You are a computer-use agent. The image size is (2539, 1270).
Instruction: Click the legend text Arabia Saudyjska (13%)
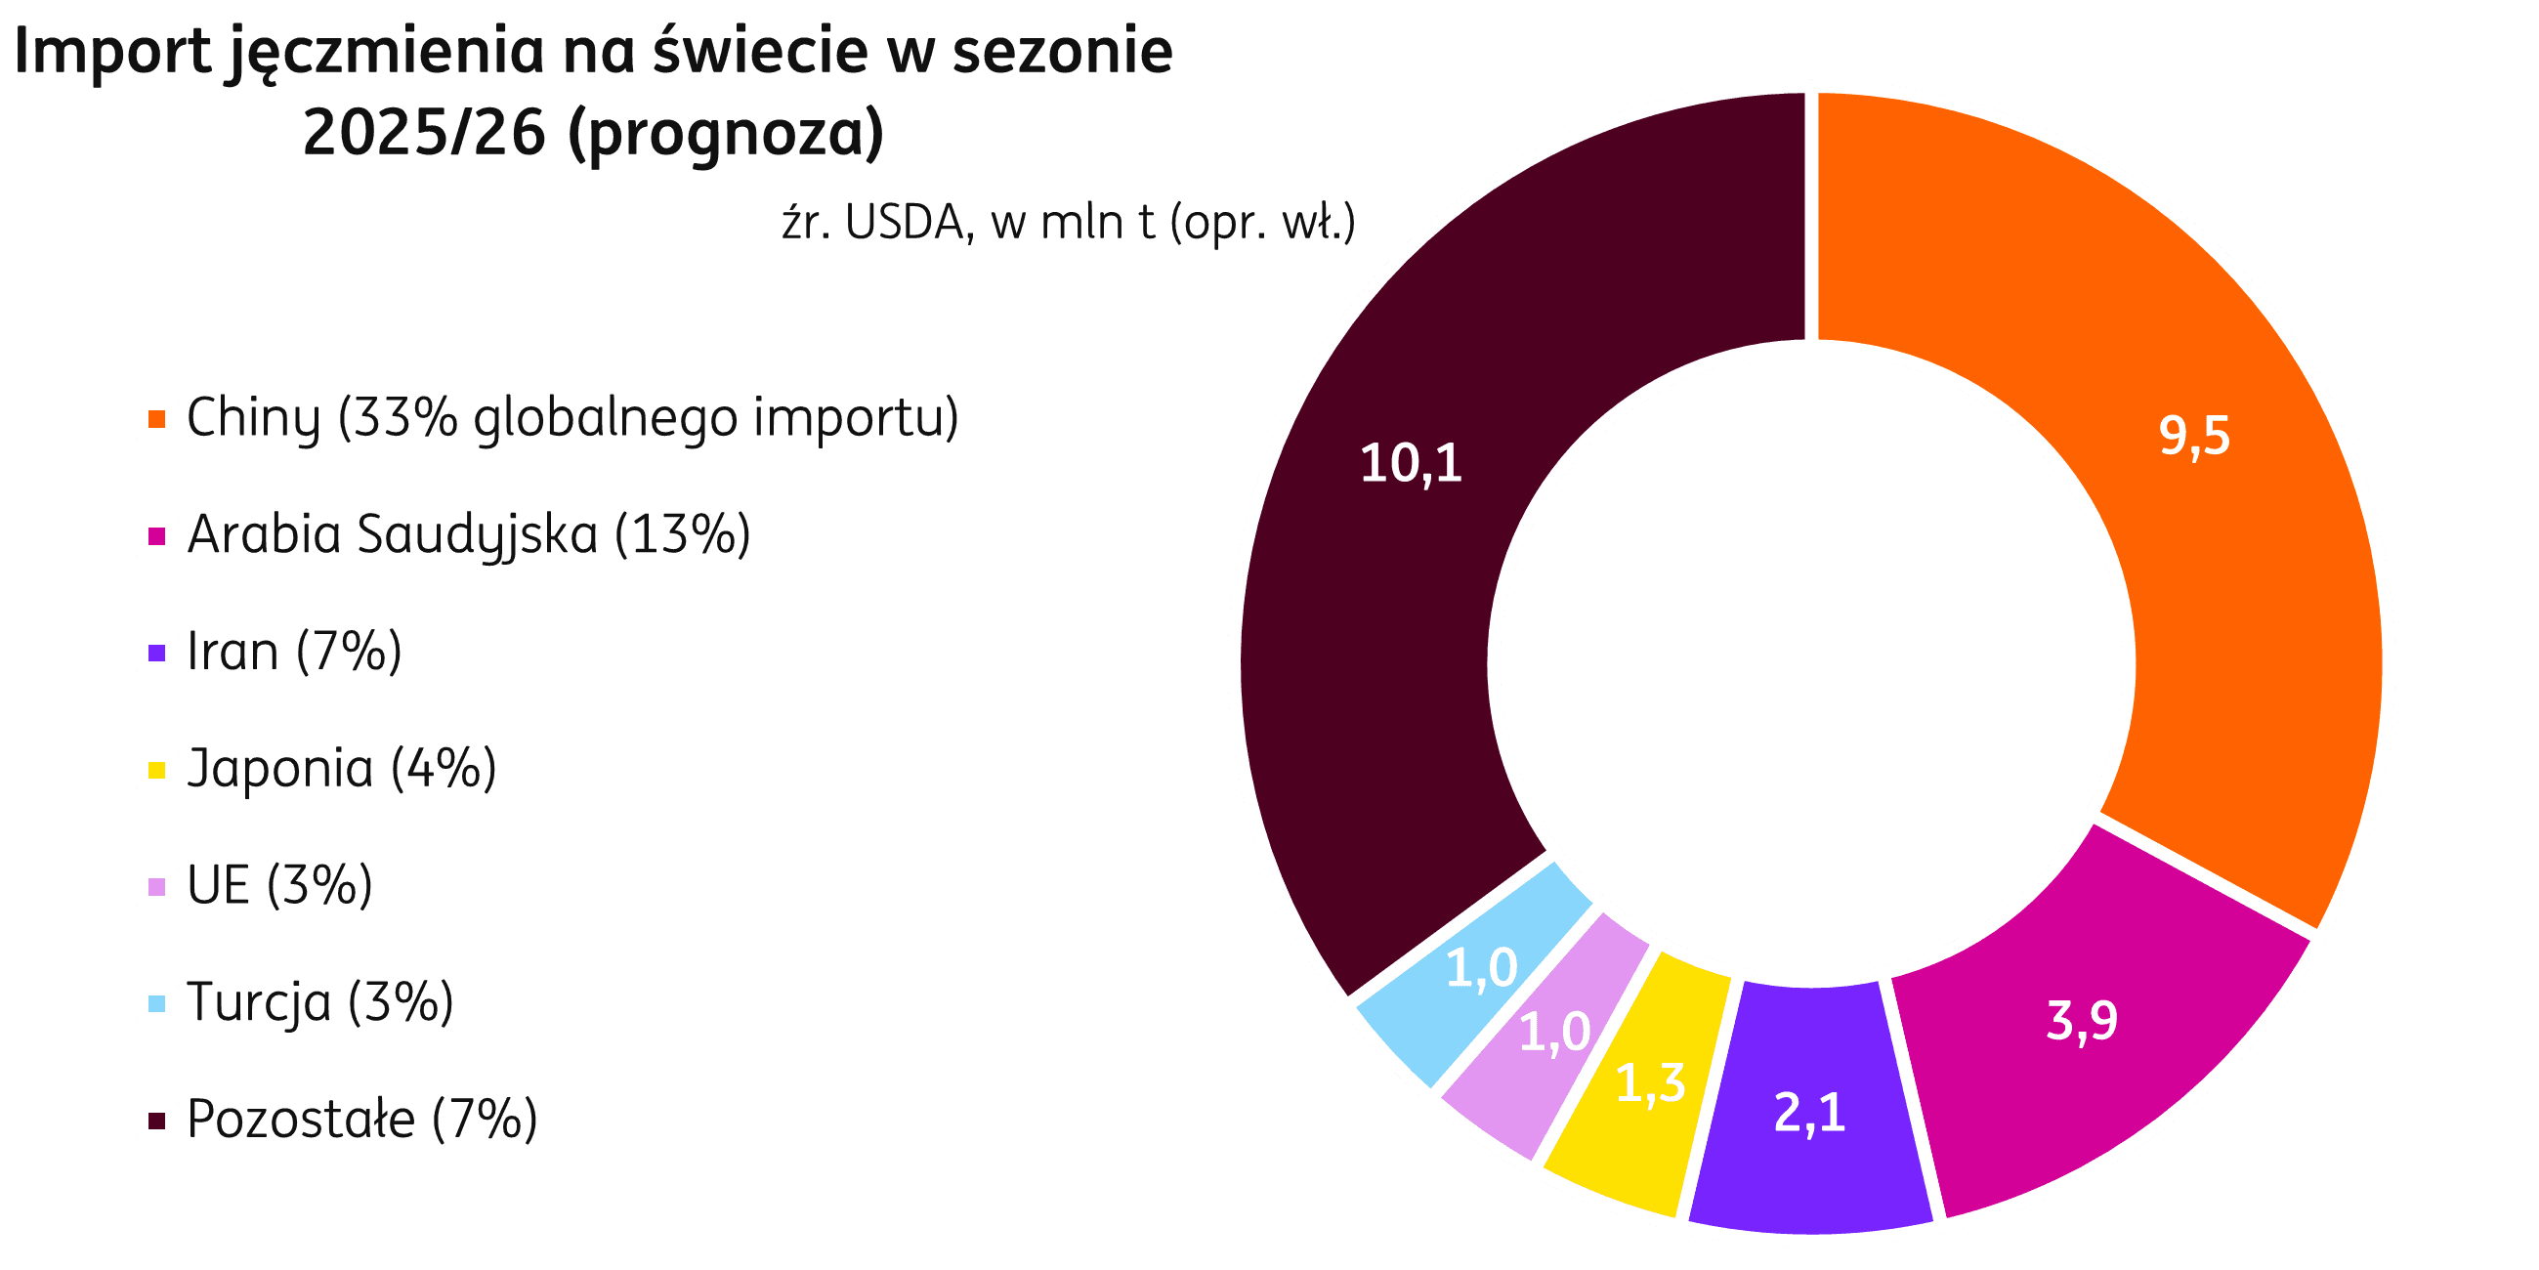pyautogui.click(x=468, y=535)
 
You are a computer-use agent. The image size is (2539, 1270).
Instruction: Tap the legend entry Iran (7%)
pyautogui.click(x=294, y=652)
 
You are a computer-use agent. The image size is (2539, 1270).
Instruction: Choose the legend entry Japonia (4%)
pyautogui.click(x=341, y=769)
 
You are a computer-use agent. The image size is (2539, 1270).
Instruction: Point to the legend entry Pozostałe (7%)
pyautogui.click(x=361, y=1121)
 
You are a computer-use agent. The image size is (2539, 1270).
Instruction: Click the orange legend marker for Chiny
pyautogui.click(x=155, y=419)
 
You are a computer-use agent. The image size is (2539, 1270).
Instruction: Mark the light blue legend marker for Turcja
pyautogui.click(x=155, y=1003)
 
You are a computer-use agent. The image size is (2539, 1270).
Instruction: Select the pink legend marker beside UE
pyautogui.click(x=155, y=886)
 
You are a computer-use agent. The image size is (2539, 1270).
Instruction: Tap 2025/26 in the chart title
pyautogui.click(x=424, y=133)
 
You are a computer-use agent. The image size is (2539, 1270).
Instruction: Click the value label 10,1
pyautogui.click(x=1411, y=463)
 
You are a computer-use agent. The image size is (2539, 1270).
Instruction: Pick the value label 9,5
pyautogui.click(x=2194, y=436)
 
